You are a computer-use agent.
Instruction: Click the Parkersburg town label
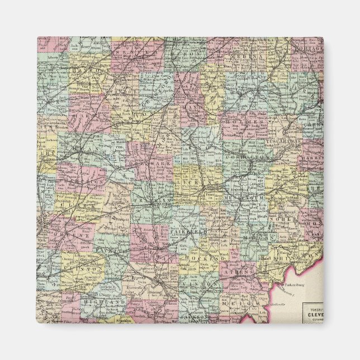[291, 285]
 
